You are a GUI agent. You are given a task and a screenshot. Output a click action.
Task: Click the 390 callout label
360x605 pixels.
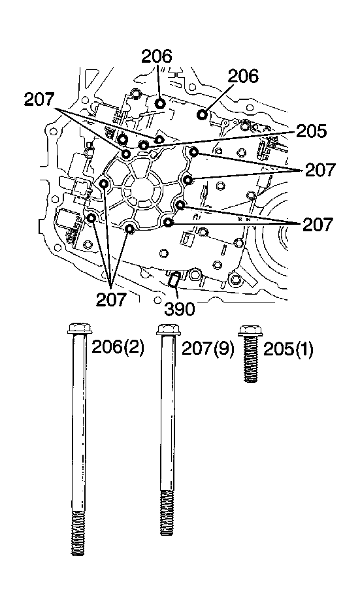click(180, 308)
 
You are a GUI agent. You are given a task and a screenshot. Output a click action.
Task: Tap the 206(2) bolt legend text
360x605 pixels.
click(118, 348)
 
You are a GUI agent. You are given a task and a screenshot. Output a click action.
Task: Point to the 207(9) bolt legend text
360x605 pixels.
click(208, 348)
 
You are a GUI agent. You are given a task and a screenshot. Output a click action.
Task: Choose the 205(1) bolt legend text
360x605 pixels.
click(288, 349)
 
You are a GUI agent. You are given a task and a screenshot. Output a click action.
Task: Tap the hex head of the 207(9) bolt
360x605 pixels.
click(167, 329)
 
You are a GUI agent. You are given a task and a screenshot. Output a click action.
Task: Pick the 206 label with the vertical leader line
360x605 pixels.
click(157, 56)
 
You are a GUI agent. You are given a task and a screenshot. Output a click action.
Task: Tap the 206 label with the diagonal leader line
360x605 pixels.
click(243, 76)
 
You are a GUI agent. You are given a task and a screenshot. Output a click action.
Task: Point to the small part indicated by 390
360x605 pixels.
click(172, 280)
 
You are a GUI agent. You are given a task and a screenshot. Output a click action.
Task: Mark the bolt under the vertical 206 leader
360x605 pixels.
click(160, 103)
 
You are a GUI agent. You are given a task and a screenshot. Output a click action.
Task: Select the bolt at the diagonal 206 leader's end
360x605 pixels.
click(203, 115)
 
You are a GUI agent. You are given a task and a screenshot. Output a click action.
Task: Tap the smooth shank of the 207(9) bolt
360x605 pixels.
click(167, 418)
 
